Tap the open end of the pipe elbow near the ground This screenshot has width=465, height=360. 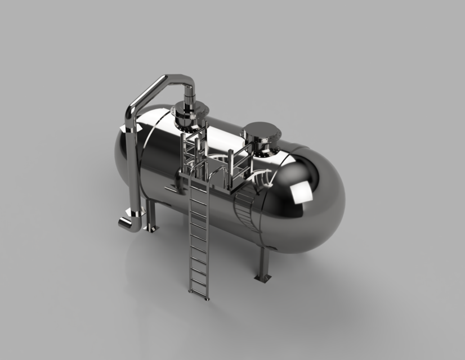click(122, 223)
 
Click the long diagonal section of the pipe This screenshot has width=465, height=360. click(147, 90)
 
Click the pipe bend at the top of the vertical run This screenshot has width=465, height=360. click(131, 112)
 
